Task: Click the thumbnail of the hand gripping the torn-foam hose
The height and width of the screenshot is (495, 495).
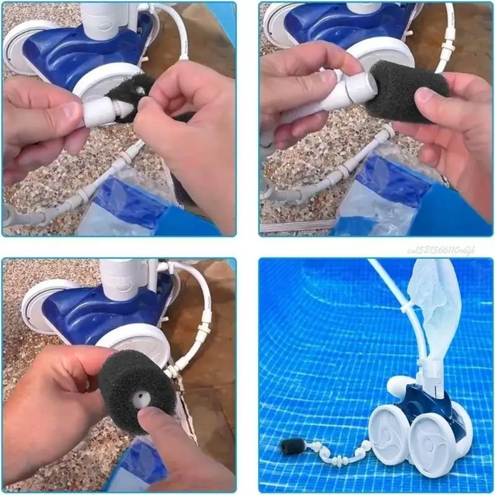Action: coord(69,111)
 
